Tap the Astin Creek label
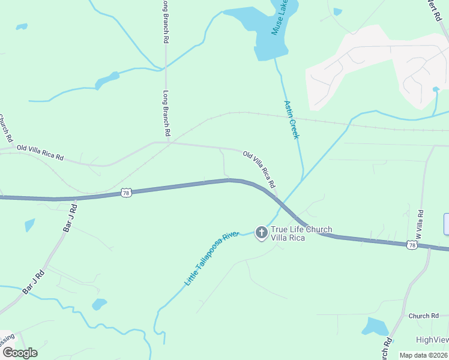291,119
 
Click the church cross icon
261,232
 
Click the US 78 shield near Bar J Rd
125,192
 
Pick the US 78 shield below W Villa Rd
411,245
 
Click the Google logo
19,353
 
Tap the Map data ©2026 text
423,355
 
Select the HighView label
432,340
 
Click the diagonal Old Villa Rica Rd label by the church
259,169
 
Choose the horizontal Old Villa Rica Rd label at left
40,152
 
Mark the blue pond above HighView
376,326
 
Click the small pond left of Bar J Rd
29,226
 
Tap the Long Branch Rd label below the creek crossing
167,112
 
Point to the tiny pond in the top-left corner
22,26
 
